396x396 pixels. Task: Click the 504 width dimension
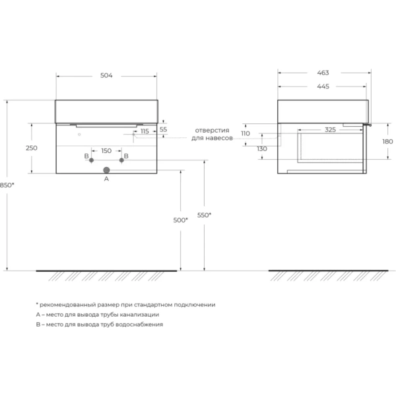click(x=106, y=76)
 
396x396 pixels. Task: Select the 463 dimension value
click(x=323, y=73)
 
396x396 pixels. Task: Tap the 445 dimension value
click(x=323, y=86)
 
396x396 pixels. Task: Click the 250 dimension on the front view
click(x=31, y=148)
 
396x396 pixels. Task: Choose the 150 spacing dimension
click(x=106, y=150)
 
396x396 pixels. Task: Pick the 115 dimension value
click(x=145, y=131)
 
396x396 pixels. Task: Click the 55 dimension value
click(x=163, y=130)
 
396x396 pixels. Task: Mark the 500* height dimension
click(x=180, y=220)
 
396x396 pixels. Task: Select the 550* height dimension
click(x=205, y=216)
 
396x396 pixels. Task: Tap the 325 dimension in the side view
click(x=330, y=130)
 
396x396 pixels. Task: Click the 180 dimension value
click(x=387, y=141)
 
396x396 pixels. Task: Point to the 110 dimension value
click(x=246, y=134)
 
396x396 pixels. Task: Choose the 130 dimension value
click(x=262, y=148)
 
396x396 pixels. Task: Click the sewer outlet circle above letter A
click(x=106, y=170)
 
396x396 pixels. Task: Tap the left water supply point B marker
click(x=92, y=160)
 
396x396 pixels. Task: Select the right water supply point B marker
click(x=121, y=160)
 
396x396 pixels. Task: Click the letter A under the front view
click(x=106, y=178)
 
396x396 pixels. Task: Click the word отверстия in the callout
click(x=211, y=131)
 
